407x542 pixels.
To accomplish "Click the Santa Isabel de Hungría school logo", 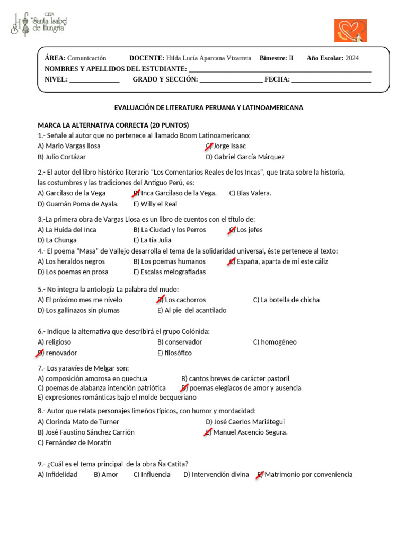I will pyautogui.click(x=40, y=24).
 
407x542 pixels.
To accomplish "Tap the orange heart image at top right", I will pyautogui.click(x=350, y=31).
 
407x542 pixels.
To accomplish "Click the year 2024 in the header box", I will pyautogui.click(x=352, y=58).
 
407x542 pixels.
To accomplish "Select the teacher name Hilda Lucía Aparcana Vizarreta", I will pyautogui.click(x=208, y=58).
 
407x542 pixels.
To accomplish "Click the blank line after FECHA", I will pyautogui.click(x=331, y=80).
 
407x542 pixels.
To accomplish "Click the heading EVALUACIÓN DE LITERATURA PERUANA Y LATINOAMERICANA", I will pyautogui.click(x=209, y=107).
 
